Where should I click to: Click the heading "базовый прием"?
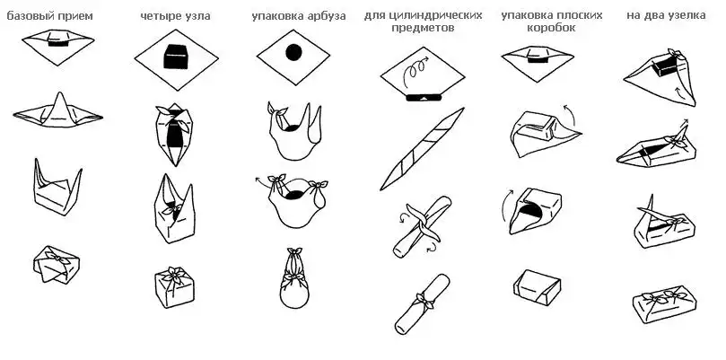pos(49,16)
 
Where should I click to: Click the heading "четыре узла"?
pos(176,16)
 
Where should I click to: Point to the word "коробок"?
pos(551,28)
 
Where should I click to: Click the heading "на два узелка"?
pos(666,15)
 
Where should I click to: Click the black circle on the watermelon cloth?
pos(293,52)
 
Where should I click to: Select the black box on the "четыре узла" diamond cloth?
pos(176,57)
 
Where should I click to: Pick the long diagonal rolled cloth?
pos(422,149)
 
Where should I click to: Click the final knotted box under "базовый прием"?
pos(56,264)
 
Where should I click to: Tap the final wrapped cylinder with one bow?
pos(423,303)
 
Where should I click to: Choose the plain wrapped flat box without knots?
pos(537,287)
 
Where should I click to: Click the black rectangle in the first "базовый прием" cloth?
pos(59,44)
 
